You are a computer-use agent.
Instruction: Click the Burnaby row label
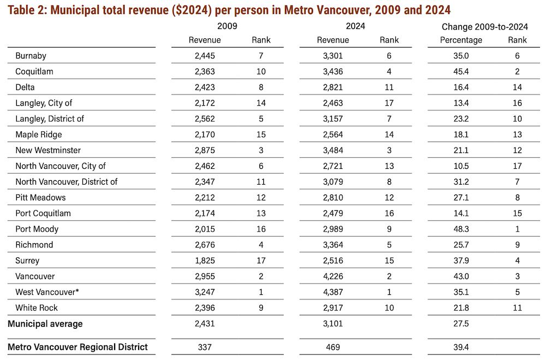pyautogui.click(x=31, y=56)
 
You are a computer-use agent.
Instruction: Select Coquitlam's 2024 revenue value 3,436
pyautogui.click(x=333, y=72)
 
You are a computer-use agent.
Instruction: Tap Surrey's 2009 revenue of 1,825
pyautogui.click(x=205, y=261)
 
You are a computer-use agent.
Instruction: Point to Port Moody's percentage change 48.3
pyautogui.click(x=461, y=229)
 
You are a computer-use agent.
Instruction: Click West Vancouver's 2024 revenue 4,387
pyautogui.click(x=333, y=292)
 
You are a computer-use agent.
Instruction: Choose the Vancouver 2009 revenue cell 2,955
pyautogui.click(x=205, y=276)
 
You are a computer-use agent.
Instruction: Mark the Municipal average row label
pyautogui.click(x=45, y=324)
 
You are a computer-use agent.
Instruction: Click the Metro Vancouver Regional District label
pyautogui.click(x=78, y=347)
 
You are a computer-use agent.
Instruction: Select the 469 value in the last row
pyautogui.click(x=333, y=347)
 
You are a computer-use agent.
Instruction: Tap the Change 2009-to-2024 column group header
pyautogui.click(x=485, y=27)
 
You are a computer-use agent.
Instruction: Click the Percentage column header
pyautogui.click(x=461, y=40)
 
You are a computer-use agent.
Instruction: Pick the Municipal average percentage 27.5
pyautogui.click(x=461, y=323)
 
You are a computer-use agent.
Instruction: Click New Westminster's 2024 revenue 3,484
pyautogui.click(x=333, y=150)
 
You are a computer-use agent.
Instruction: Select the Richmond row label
pyautogui.click(x=34, y=245)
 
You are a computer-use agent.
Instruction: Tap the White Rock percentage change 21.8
pyautogui.click(x=461, y=308)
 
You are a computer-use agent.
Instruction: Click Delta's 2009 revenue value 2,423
pyautogui.click(x=205, y=87)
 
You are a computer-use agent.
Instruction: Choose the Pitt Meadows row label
pyautogui.click(x=40, y=198)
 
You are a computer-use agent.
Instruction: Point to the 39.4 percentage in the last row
pyautogui.click(x=461, y=347)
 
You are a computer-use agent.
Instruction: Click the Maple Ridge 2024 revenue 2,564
pyautogui.click(x=333, y=134)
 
